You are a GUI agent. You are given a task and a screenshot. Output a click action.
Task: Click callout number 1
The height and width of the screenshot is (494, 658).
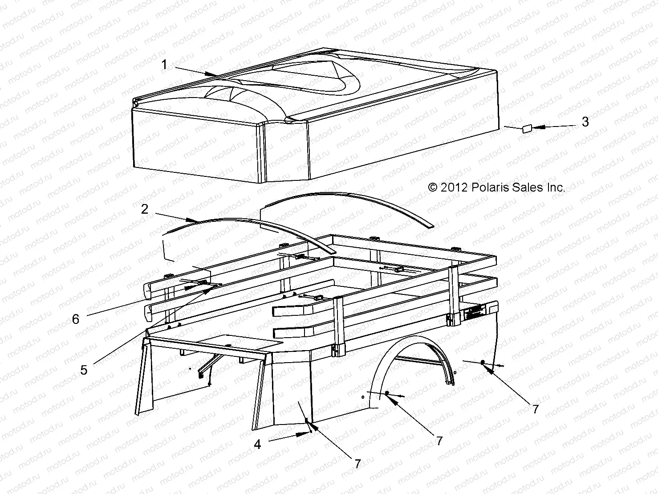pyautogui.click(x=164, y=65)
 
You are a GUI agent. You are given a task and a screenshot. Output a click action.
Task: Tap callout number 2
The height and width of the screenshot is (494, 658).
pyautogui.click(x=145, y=208)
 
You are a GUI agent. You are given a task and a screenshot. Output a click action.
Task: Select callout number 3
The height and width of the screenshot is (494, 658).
pyautogui.click(x=585, y=122)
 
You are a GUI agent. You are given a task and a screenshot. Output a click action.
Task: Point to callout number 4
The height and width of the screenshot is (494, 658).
pyautogui.click(x=257, y=444)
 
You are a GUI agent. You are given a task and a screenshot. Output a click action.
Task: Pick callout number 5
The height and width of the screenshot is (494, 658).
pyautogui.click(x=84, y=369)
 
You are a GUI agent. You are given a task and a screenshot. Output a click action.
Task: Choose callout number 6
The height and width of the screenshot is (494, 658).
pyautogui.click(x=76, y=319)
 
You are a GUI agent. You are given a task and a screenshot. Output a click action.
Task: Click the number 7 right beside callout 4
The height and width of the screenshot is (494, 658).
pyautogui.click(x=357, y=463)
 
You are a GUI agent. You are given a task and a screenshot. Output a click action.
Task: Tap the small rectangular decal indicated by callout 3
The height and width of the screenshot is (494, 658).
pyautogui.click(x=526, y=129)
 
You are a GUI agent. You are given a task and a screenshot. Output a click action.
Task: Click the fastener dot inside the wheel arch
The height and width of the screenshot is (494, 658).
pyautogui.click(x=387, y=393)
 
